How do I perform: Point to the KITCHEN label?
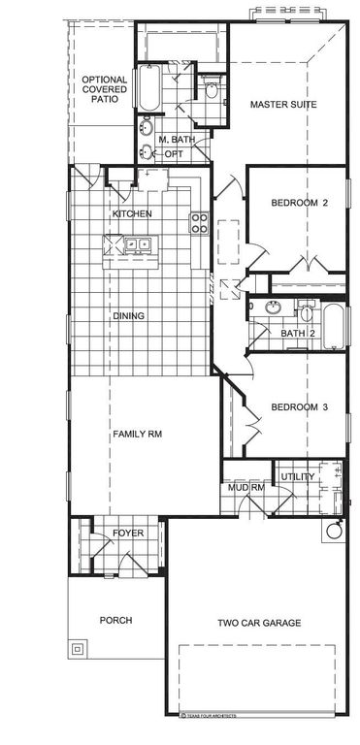click(x=131, y=213)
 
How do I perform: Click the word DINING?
click(x=130, y=315)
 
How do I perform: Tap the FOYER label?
click(x=128, y=534)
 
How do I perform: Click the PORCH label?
click(x=115, y=620)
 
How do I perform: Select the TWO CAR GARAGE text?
click(x=258, y=623)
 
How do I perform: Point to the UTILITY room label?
click(x=298, y=477)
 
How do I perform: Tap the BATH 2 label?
click(x=299, y=334)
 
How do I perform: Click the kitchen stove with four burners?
click(x=199, y=223)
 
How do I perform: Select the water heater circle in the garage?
click(x=335, y=532)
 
